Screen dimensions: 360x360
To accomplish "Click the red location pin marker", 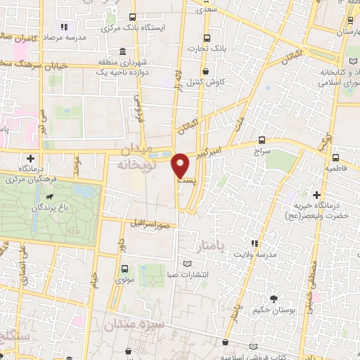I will click(181, 165).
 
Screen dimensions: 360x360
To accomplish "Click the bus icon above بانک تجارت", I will click(206, 39).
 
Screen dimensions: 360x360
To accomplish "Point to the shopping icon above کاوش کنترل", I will click(205, 71).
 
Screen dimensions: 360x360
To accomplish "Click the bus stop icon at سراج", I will click(262, 140).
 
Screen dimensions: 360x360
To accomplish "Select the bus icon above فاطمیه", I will click(335, 157).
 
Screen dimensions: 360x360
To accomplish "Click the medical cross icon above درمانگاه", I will click(30, 159).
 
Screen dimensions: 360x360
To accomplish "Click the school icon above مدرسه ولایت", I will click(255, 243).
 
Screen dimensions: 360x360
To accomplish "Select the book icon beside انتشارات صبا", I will click(187, 264).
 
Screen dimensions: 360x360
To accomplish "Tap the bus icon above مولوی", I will click(125, 269).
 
